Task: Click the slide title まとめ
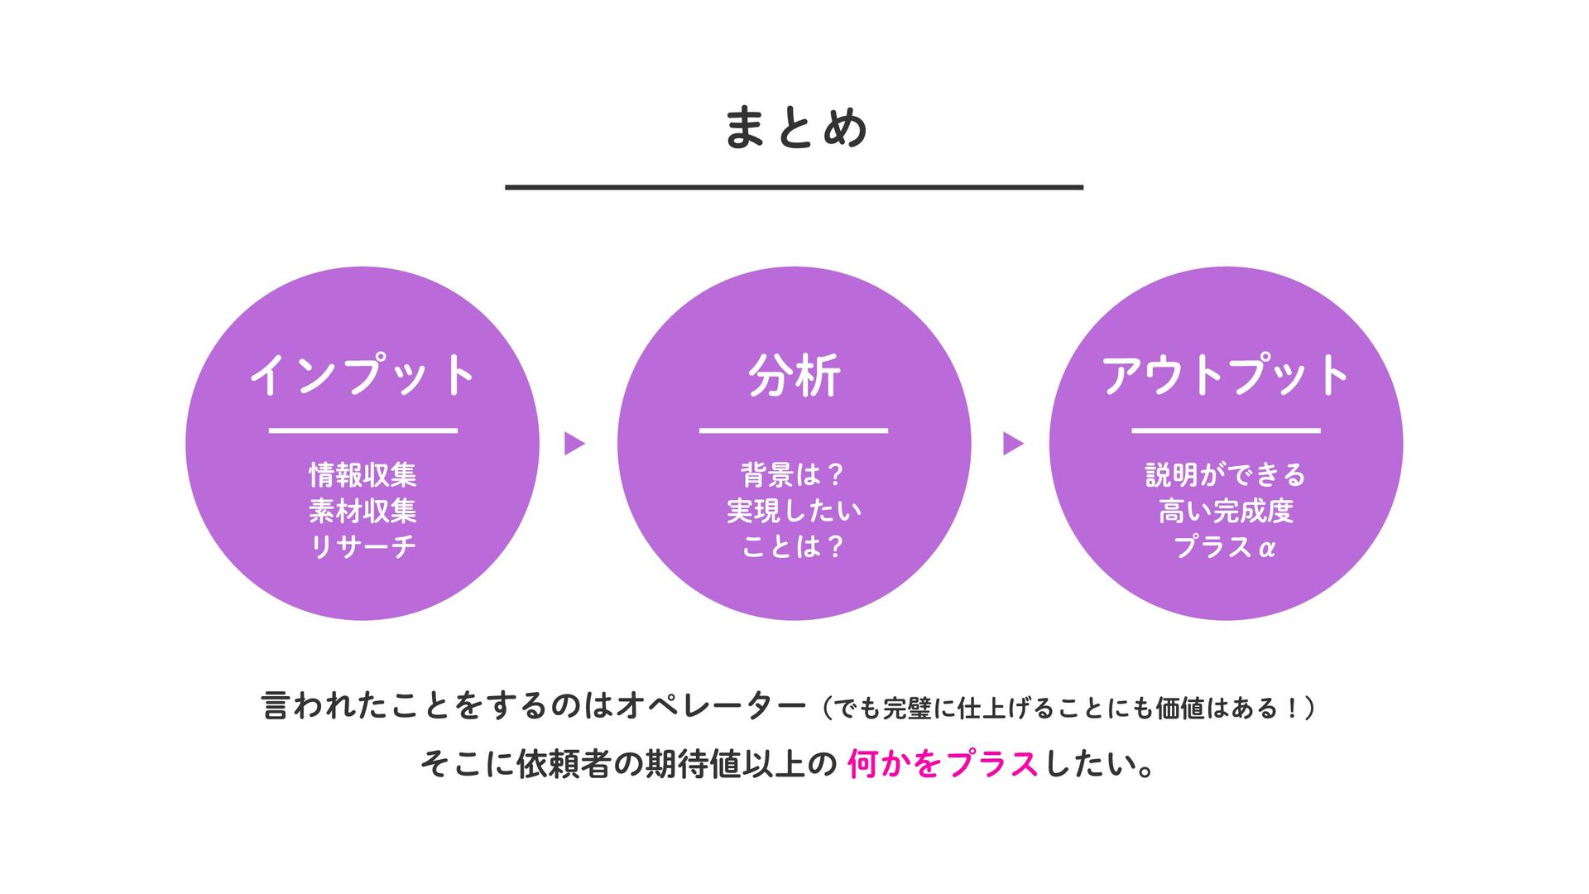tap(794, 128)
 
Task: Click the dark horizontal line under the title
tap(794, 188)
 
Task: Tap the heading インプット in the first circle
tap(362, 375)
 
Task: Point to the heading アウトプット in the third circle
tap(1226, 375)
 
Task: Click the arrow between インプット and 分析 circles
tap(574, 444)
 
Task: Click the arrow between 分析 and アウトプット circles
tap(1013, 444)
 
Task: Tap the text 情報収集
tap(362, 475)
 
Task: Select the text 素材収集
tap(362, 512)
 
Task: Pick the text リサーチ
tap(362, 547)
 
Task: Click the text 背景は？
tap(793, 475)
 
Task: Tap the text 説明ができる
tap(1226, 475)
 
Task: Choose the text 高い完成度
tap(1226, 512)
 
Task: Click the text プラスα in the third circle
tap(1226, 547)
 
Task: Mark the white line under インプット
tap(362, 430)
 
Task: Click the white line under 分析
tap(794, 430)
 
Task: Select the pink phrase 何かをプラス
tap(942, 763)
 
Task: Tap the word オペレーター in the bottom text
tap(711, 706)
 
